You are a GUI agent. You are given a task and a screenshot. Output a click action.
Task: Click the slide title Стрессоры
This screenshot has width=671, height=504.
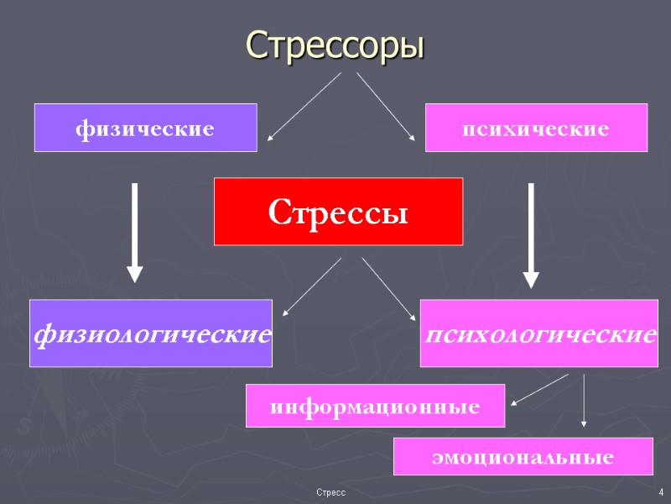[x=335, y=45]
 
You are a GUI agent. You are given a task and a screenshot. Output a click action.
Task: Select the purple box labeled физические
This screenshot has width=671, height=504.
[x=145, y=128]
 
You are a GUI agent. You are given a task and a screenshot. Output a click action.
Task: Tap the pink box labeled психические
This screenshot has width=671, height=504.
[x=536, y=128]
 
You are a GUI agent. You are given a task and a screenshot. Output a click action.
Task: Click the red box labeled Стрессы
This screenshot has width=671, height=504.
[x=338, y=212]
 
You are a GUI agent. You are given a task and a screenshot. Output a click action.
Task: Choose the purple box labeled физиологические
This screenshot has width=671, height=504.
[x=151, y=333]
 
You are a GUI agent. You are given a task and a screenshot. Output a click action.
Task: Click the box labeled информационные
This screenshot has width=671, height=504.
[x=375, y=406]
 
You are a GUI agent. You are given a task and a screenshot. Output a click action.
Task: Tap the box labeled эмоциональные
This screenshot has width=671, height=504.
[x=523, y=456]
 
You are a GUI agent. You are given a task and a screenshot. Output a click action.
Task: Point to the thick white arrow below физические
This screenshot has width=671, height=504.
[x=134, y=231]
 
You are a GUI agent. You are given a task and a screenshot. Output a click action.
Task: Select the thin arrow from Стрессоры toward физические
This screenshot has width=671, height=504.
[x=304, y=106]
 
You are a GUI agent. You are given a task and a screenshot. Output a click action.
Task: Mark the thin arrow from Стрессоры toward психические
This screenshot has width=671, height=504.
[x=386, y=106]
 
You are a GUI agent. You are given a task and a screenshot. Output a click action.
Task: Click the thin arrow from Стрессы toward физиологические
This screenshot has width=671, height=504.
[x=312, y=286]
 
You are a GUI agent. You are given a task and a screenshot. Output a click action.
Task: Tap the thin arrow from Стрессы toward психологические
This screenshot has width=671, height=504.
[x=388, y=288]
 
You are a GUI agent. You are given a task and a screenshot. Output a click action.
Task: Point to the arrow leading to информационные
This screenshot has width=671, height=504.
[x=539, y=389]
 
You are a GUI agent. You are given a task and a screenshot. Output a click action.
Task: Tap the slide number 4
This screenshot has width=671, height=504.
[x=661, y=491]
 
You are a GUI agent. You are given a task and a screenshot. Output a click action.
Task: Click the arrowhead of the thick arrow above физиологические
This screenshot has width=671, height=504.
[x=134, y=274]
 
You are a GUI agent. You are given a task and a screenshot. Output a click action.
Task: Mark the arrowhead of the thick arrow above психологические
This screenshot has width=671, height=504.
[x=531, y=279]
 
